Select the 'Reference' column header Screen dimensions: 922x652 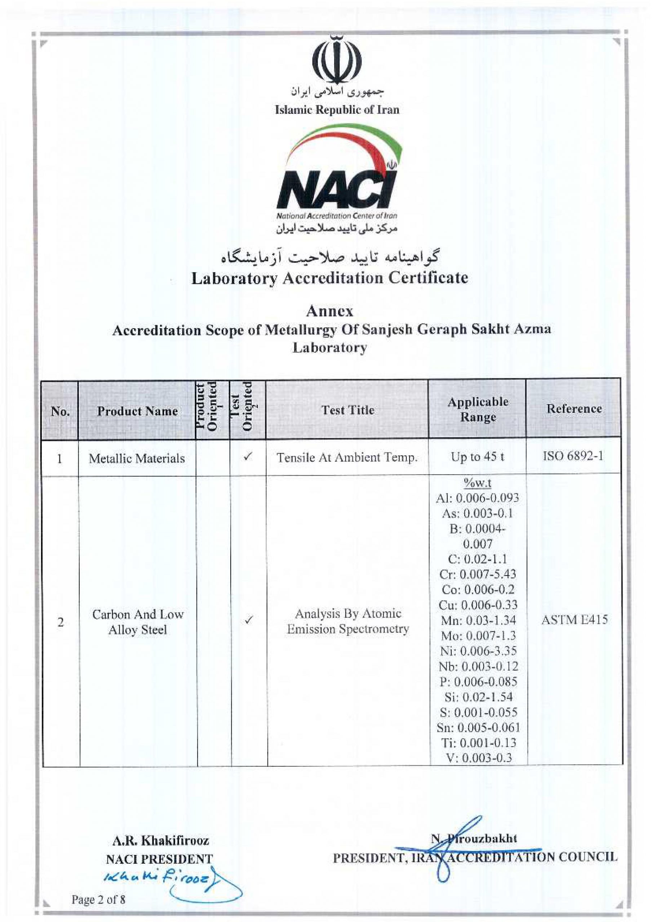574,409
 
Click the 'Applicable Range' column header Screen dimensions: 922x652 478,409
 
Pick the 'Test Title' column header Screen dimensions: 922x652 348,410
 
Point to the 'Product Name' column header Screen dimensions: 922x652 137,411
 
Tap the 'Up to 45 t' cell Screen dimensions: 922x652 478,457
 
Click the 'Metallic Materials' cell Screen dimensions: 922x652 137,458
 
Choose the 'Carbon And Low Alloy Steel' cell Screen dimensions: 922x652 137,622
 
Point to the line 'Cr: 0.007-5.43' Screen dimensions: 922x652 478,574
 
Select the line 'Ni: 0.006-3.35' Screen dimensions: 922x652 478,650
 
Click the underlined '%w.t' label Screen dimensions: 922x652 478,483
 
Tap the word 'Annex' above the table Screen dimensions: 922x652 330,311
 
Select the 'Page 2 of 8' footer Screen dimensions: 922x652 98,900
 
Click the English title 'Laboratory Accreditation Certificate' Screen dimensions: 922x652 330,278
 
